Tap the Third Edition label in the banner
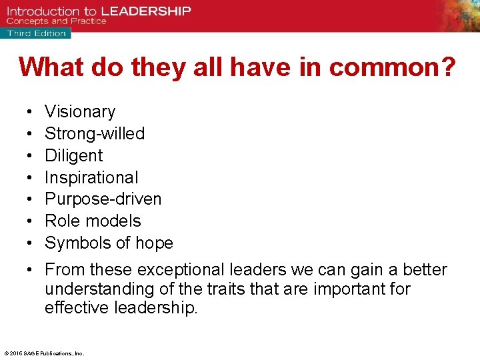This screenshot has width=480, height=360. (37, 33)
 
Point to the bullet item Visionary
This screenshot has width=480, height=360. (80, 111)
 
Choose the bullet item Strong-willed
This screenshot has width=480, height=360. (95, 133)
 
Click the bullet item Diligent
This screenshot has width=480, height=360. (73, 155)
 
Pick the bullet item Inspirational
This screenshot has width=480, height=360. (91, 177)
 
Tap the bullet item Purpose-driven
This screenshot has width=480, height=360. (103, 199)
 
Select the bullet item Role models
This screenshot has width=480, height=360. (93, 221)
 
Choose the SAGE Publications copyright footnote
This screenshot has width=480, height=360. (44, 353)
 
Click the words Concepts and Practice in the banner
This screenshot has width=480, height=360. (57, 21)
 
